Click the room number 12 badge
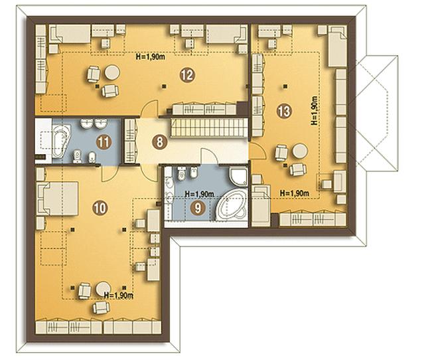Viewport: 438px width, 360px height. [x=187, y=75]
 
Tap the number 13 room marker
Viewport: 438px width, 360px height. [x=284, y=112]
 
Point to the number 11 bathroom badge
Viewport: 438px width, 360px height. [x=104, y=143]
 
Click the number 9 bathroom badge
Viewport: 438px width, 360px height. [x=198, y=208]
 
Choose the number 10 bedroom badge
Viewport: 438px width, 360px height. [x=100, y=208]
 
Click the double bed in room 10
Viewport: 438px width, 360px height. [x=57, y=199]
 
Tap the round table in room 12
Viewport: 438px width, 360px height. [x=112, y=72]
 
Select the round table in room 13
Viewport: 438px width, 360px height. [x=300, y=151]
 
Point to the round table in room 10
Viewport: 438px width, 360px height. [x=103, y=289]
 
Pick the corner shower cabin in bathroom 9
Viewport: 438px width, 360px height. [x=238, y=177]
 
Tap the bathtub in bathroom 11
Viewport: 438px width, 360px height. [x=62, y=141]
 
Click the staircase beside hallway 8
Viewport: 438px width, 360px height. [x=209, y=128]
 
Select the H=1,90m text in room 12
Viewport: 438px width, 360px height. [x=150, y=56]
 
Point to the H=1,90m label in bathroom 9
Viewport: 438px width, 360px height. [x=200, y=193]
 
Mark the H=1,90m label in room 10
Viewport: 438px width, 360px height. [x=118, y=296]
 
